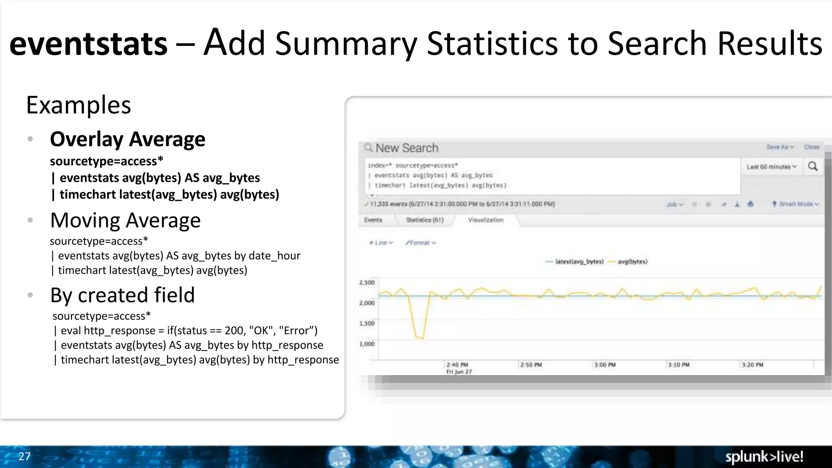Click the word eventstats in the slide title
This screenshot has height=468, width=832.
(88, 44)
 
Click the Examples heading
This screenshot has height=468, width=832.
(78, 105)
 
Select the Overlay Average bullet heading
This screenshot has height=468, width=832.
(128, 139)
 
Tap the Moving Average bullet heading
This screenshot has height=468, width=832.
(125, 221)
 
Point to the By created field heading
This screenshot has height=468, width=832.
(122, 295)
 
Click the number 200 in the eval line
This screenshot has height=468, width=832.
(234, 331)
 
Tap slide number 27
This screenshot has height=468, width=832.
(24, 456)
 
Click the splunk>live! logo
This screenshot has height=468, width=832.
(764, 457)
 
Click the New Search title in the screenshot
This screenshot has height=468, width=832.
(407, 148)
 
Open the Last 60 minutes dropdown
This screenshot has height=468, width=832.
(771, 167)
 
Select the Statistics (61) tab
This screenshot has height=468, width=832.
(425, 220)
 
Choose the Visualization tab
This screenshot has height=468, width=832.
(485, 220)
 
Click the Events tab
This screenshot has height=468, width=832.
(373, 220)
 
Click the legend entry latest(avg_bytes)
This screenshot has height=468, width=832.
(579, 262)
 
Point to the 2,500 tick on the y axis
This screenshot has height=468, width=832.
(367, 283)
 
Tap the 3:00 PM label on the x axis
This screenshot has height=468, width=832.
(604, 365)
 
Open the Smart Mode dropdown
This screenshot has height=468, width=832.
(795, 204)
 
